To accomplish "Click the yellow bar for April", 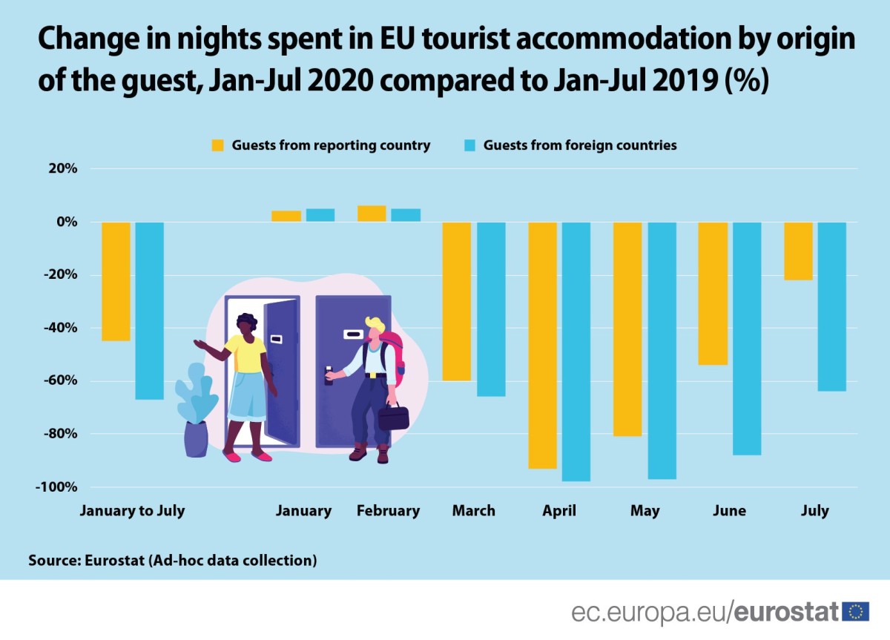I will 542,345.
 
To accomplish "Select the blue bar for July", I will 832,306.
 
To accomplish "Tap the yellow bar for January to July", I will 116,281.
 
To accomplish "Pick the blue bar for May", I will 662,350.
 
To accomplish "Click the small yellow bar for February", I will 372,214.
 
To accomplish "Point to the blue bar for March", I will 491,309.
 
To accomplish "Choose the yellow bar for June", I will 713,293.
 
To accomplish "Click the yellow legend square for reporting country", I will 218,145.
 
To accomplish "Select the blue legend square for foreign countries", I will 469,145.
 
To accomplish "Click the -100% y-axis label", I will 55,487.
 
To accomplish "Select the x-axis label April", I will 558,511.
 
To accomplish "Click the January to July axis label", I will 132,511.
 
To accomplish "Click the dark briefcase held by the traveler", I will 393,417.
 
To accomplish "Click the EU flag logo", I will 855,612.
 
